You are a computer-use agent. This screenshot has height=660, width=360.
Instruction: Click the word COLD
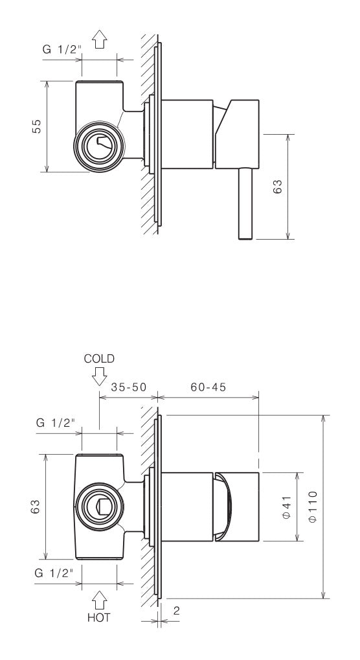point(99,358)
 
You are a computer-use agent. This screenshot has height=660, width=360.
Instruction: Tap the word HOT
point(99,617)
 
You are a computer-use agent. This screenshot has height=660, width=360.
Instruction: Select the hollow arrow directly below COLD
point(99,375)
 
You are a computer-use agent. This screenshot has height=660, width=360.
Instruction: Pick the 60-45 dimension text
point(208,387)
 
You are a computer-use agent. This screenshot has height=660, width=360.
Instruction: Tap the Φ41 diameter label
point(286,505)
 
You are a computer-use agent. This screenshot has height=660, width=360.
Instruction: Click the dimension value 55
point(37,126)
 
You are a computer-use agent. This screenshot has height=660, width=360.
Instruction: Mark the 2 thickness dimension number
point(177,610)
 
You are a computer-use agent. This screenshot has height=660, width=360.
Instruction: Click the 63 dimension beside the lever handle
point(277,187)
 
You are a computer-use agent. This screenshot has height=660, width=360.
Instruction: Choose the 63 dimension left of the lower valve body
point(37,505)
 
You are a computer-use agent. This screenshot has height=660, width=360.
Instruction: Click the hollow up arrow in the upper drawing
point(100,41)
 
